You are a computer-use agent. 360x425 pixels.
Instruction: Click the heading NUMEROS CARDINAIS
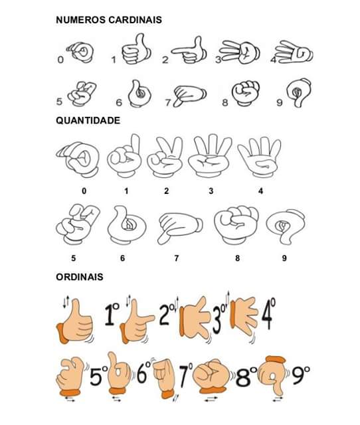(109, 20)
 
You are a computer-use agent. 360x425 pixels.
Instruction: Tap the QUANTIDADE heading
(88, 120)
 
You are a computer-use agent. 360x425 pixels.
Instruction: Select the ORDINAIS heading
(80, 277)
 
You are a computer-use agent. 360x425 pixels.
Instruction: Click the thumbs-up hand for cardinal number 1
(136, 49)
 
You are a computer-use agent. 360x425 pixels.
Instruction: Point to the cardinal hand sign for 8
(245, 93)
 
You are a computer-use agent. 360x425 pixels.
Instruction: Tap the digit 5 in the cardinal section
(59, 102)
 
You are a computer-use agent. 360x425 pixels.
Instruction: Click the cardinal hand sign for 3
(240, 52)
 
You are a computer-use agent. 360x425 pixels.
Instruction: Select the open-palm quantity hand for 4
(260, 157)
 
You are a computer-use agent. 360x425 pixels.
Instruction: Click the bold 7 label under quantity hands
(177, 258)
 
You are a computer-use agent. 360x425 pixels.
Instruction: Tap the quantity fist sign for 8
(236, 224)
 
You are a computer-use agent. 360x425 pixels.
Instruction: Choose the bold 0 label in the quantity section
(84, 191)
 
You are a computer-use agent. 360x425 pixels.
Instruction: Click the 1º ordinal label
(112, 314)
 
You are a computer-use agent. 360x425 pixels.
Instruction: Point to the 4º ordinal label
(268, 313)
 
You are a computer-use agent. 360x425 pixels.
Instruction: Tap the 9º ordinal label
(300, 375)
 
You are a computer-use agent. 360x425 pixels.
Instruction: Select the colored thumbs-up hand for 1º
(75, 321)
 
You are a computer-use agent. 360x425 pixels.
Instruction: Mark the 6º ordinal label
(143, 372)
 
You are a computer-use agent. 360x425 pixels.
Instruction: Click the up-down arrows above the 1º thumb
(66, 301)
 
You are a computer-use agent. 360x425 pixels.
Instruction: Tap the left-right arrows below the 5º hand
(70, 399)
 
